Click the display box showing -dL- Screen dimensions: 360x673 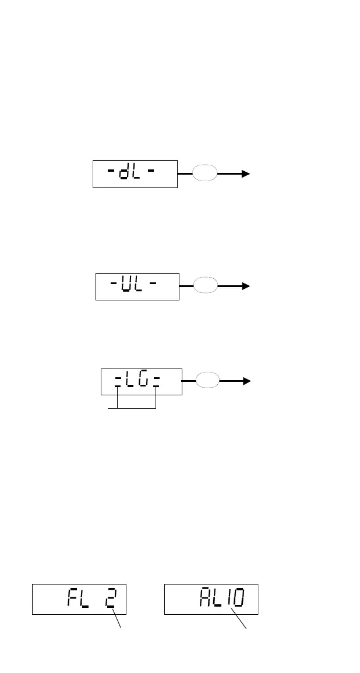(x=135, y=173)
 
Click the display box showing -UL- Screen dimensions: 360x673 (x=137, y=286)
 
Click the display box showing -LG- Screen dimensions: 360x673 (x=142, y=381)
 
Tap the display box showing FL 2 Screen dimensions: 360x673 (x=79, y=598)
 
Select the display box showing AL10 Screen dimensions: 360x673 (x=211, y=598)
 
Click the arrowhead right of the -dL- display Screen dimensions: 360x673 (x=246, y=173)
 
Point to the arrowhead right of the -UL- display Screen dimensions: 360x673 (x=246, y=286)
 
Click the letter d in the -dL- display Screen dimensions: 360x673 (x=124, y=173)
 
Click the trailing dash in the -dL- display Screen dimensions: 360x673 (x=151, y=173)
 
